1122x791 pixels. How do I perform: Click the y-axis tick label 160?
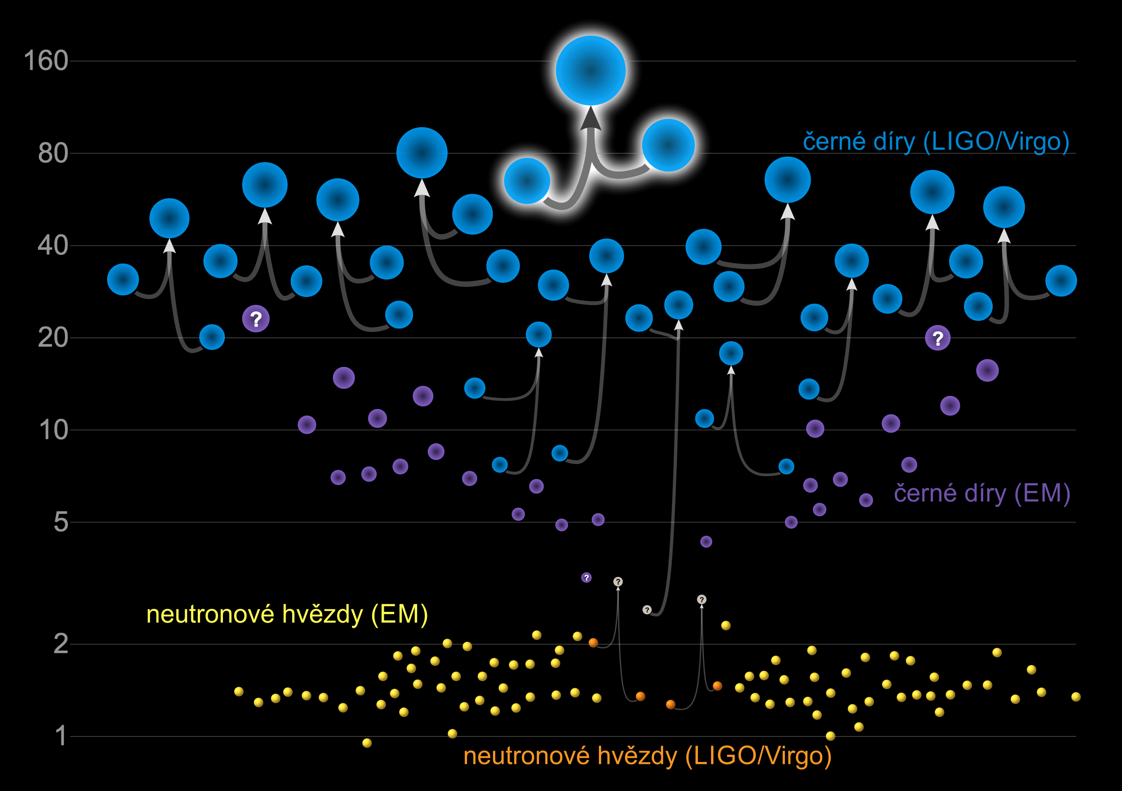pyautogui.click(x=46, y=61)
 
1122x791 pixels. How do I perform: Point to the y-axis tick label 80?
pyautogui.click(x=53, y=153)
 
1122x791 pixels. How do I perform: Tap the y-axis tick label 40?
pyautogui.click(x=53, y=246)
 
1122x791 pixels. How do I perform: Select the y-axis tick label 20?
pyautogui.click(x=53, y=338)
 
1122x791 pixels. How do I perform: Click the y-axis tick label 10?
pyautogui.click(x=54, y=430)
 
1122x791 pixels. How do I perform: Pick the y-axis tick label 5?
pyautogui.click(x=61, y=522)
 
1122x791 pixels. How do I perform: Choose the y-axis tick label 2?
pyautogui.click(x=61, y=644)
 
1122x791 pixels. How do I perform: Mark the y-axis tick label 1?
pyautogui.click(x=61, y=736)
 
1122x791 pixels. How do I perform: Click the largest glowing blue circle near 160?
pyautogui.click(x=591, y=70)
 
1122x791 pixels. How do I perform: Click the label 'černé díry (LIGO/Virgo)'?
pyautogui.click(x=936, y=142)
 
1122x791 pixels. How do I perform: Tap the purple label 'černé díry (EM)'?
pyautogui.click(x=982, y=493)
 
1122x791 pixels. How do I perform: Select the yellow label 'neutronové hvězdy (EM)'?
pyautogui.click(x=288, y=615)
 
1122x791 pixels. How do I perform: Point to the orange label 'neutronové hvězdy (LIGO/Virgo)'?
pyautogui.click(x=647, y=756)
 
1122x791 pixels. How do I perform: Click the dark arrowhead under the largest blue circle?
pyautogui.click(x=591, y=118)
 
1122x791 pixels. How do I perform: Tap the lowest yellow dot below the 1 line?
pyautogui.click(x=367, y=743)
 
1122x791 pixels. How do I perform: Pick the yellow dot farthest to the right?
pyautogui.click(x=1076, y=697)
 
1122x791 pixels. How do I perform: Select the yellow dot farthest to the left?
pyautogui.click(x=239, y=691)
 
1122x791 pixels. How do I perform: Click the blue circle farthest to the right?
pyautogui.click(x=1061, y=281)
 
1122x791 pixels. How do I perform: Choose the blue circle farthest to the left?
pyautogui.click(x=123, y=280)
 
